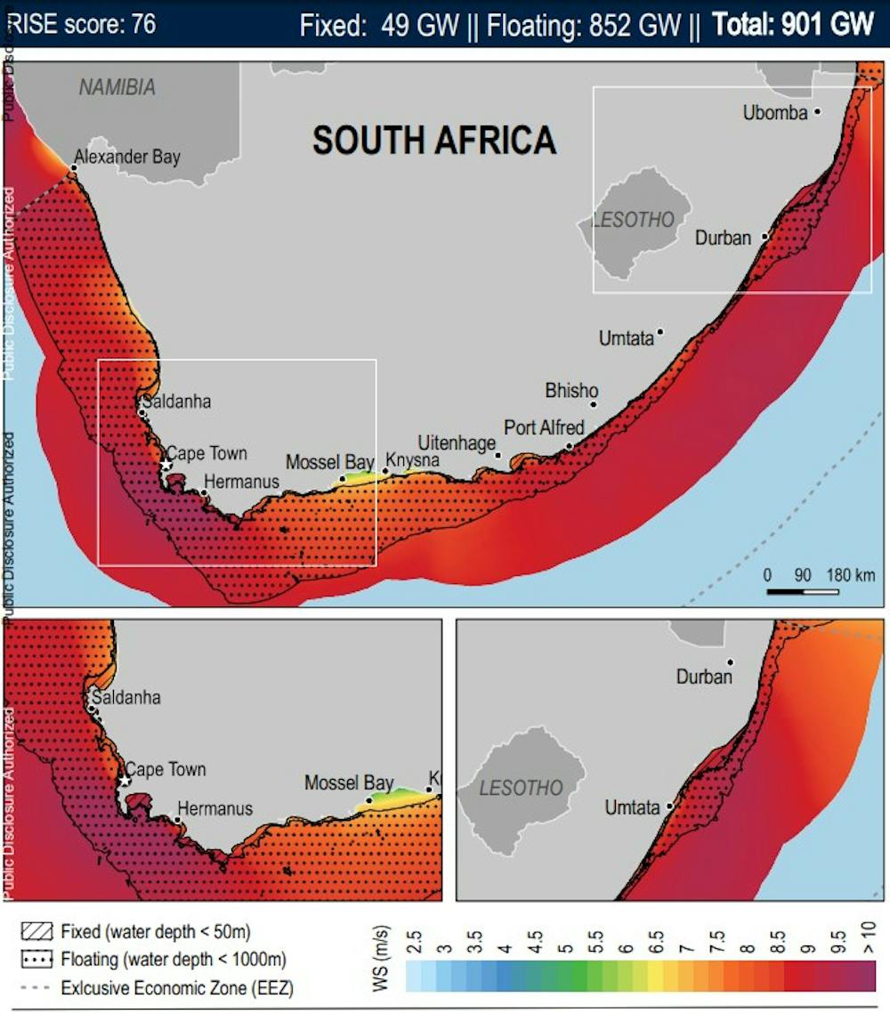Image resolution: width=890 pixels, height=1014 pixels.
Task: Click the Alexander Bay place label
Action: [x=126, y=158]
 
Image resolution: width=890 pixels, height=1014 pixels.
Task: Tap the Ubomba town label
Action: [x=776, y=113]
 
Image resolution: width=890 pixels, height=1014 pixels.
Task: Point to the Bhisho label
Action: [x=571, y=391]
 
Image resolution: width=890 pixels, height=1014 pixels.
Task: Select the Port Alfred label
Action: [x=544, y=428]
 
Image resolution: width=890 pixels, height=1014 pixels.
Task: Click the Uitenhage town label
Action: [x=457, y=442]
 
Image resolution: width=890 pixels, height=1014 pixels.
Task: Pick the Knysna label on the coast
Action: [x=413, y=460]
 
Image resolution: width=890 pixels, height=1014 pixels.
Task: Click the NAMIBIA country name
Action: [x=117, y=87]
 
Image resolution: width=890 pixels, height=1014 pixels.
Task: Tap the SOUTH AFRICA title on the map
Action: [x=434, y=141]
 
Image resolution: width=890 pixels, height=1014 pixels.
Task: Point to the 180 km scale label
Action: [x=853, y=575]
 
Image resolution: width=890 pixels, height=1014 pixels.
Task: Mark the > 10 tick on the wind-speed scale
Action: [x=870, y=938]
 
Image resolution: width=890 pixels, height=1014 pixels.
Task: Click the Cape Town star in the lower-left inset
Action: [x=125, y=781]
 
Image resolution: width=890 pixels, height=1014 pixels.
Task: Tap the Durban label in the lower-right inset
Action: [x=703, y=677]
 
